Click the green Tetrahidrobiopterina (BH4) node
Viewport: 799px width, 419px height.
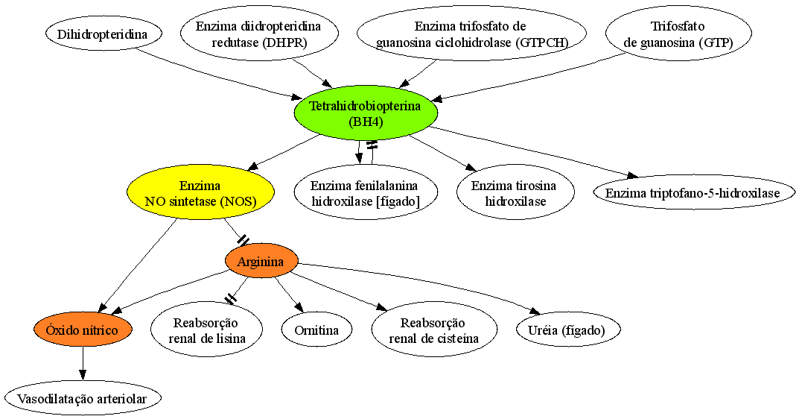point(366,114)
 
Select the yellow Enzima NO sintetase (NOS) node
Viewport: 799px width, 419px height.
point(201,193)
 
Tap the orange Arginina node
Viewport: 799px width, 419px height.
point(261,261)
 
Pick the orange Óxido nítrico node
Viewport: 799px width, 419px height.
point(83,330)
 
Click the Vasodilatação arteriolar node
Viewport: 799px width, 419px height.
point(83,398)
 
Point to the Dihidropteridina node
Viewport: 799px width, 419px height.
point(104,34)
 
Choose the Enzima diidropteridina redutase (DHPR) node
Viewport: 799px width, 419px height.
point(259,34)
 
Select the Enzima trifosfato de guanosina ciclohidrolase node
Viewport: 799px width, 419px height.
point(471,34)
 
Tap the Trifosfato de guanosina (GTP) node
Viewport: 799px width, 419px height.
point(678,34)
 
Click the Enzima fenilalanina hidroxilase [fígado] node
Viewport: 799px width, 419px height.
point(366,193)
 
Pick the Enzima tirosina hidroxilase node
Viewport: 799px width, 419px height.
point(515,193)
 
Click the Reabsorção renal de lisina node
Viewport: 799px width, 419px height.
point(206,330)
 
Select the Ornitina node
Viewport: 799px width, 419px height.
point(317,330)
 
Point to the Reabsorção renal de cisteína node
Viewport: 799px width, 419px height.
point(433,330)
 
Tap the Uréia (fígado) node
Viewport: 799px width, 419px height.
point(567,330)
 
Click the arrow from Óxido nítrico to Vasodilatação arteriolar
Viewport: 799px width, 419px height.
point(83,363)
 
